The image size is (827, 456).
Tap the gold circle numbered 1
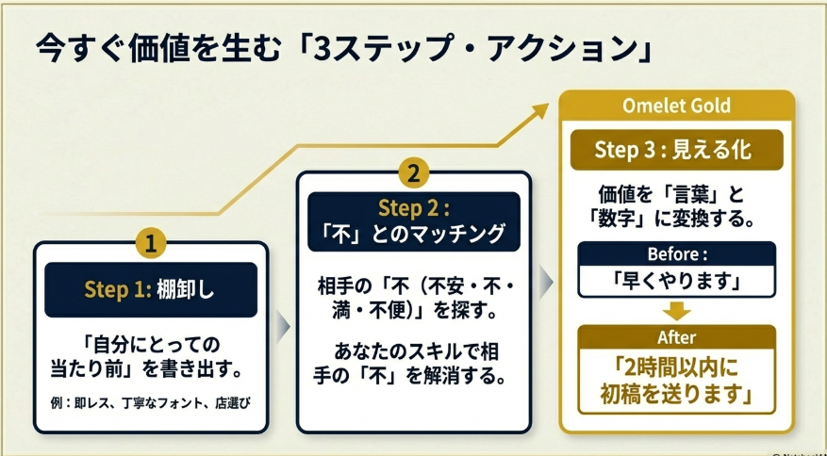click(151, 243)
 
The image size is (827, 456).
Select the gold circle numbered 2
click(413, 172)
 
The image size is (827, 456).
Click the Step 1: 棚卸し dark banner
click(151, 289)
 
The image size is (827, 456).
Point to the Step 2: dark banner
click(413, 220)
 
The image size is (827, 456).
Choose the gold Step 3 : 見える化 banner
click(676, 149)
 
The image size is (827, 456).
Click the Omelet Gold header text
click(676, 106)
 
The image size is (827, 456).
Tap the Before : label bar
click(676, 254)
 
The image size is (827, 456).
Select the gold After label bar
click(676, 336)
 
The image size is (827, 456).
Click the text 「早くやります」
click(676, 280)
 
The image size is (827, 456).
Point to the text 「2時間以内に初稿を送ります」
click(676, 381)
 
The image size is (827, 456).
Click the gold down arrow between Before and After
click(676, 311)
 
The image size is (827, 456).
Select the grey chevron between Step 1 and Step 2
click(281, 327)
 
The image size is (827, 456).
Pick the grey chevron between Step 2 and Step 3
click(545, 280)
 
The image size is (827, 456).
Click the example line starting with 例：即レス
click(151, 404)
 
